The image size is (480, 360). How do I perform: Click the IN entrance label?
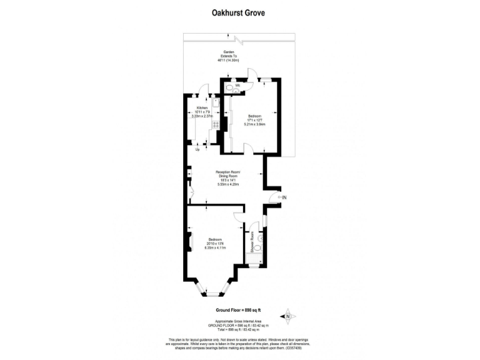(284, 198)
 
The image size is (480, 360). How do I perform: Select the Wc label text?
(238, 84)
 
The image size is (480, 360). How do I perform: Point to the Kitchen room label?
(202, 107)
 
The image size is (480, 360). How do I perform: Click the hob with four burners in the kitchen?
(215, 124)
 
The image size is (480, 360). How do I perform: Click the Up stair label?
(198, 149)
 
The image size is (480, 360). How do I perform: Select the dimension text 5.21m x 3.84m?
(255, 124)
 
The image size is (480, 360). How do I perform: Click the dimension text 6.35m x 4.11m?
(216, 248)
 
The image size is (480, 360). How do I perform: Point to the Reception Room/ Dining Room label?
(227, 174)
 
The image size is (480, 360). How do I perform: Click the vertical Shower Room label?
(252, 241)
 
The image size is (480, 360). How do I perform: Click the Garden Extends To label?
(228, 54)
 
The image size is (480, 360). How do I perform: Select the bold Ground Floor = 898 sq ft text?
(238, 310)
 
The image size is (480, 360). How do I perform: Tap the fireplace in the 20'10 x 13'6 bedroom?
(190, 242)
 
